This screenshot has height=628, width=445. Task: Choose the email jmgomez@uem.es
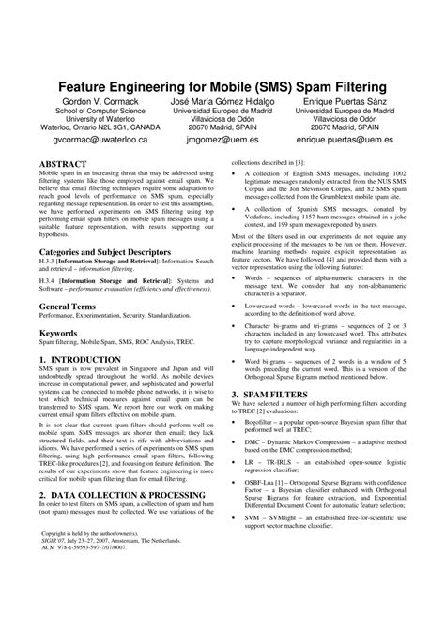pyautogui.click(x=222, y=138)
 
